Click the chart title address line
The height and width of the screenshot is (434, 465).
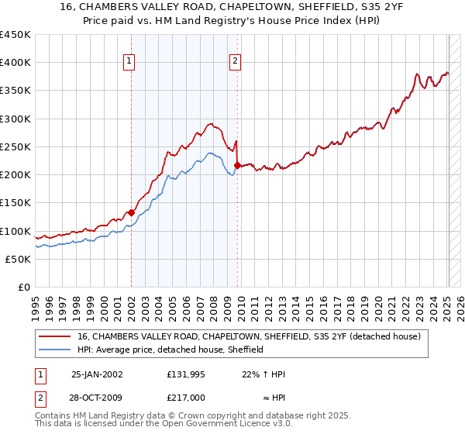[x=232, y=6]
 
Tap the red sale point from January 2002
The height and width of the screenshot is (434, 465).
[x=131, y=212]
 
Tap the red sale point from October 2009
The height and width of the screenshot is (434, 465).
[x=237, y=165]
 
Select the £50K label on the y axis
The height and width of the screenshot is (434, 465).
[x=19, y=259]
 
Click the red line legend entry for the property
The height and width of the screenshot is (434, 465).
[x=248, y=336]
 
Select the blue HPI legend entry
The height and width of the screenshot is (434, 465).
[x=170, y=350]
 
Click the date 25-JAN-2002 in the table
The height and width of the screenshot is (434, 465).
[x=97, y=374]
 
